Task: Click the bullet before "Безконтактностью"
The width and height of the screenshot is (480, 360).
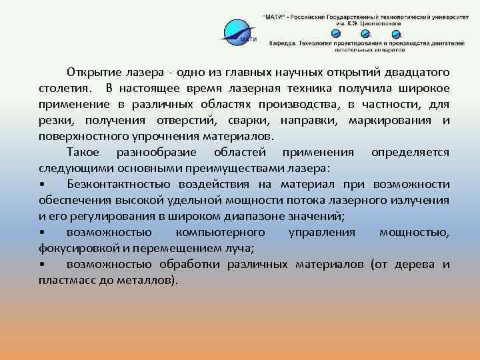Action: click(x=42, y=184)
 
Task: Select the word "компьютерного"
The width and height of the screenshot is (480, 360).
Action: click(x=220, y=232)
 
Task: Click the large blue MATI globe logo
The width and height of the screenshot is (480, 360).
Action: click(x=240, y=32)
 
